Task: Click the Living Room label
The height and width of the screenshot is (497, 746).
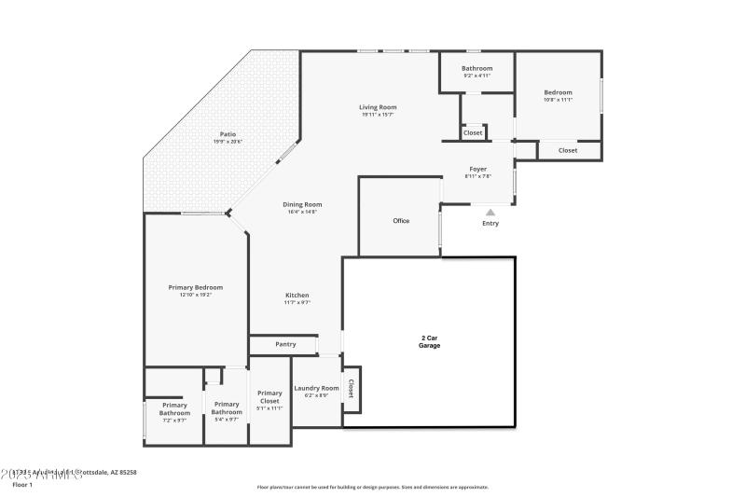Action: click(x=378, y=107)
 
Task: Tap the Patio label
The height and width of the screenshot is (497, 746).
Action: click(x=228, y=134)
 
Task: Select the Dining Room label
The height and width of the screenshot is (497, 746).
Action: click(x=302, y=204)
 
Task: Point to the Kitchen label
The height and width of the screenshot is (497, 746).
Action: click(x=297, y=296)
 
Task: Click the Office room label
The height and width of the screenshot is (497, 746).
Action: click(x=401, y=221)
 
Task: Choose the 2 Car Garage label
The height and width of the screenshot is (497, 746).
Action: click(x=429, y=341)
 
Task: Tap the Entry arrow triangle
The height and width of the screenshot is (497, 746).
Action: click(x=490, y=213)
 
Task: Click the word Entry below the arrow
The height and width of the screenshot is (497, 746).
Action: click(x=490, y=224)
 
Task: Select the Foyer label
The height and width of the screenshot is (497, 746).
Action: click(x=477, y=169)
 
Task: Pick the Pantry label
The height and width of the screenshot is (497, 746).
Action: click(x=285, y=344)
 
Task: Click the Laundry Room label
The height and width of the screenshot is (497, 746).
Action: click(x=316, y=388)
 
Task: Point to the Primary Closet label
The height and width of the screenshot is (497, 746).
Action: click(x=269, y=397)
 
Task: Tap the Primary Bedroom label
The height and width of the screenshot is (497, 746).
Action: click(x=195, y=287)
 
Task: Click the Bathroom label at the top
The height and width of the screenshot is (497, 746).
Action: click(x=477, y=68)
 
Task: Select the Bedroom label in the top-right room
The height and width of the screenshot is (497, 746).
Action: click(x=558, y=92)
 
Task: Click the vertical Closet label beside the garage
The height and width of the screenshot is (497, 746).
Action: click(x=352, y=388)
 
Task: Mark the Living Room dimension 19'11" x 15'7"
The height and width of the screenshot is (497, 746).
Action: click(x=378, y=115)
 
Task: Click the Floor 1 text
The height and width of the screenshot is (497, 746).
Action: click(x=22, y=485)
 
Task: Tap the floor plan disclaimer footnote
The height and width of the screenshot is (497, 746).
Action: click(x=372, y=487)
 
